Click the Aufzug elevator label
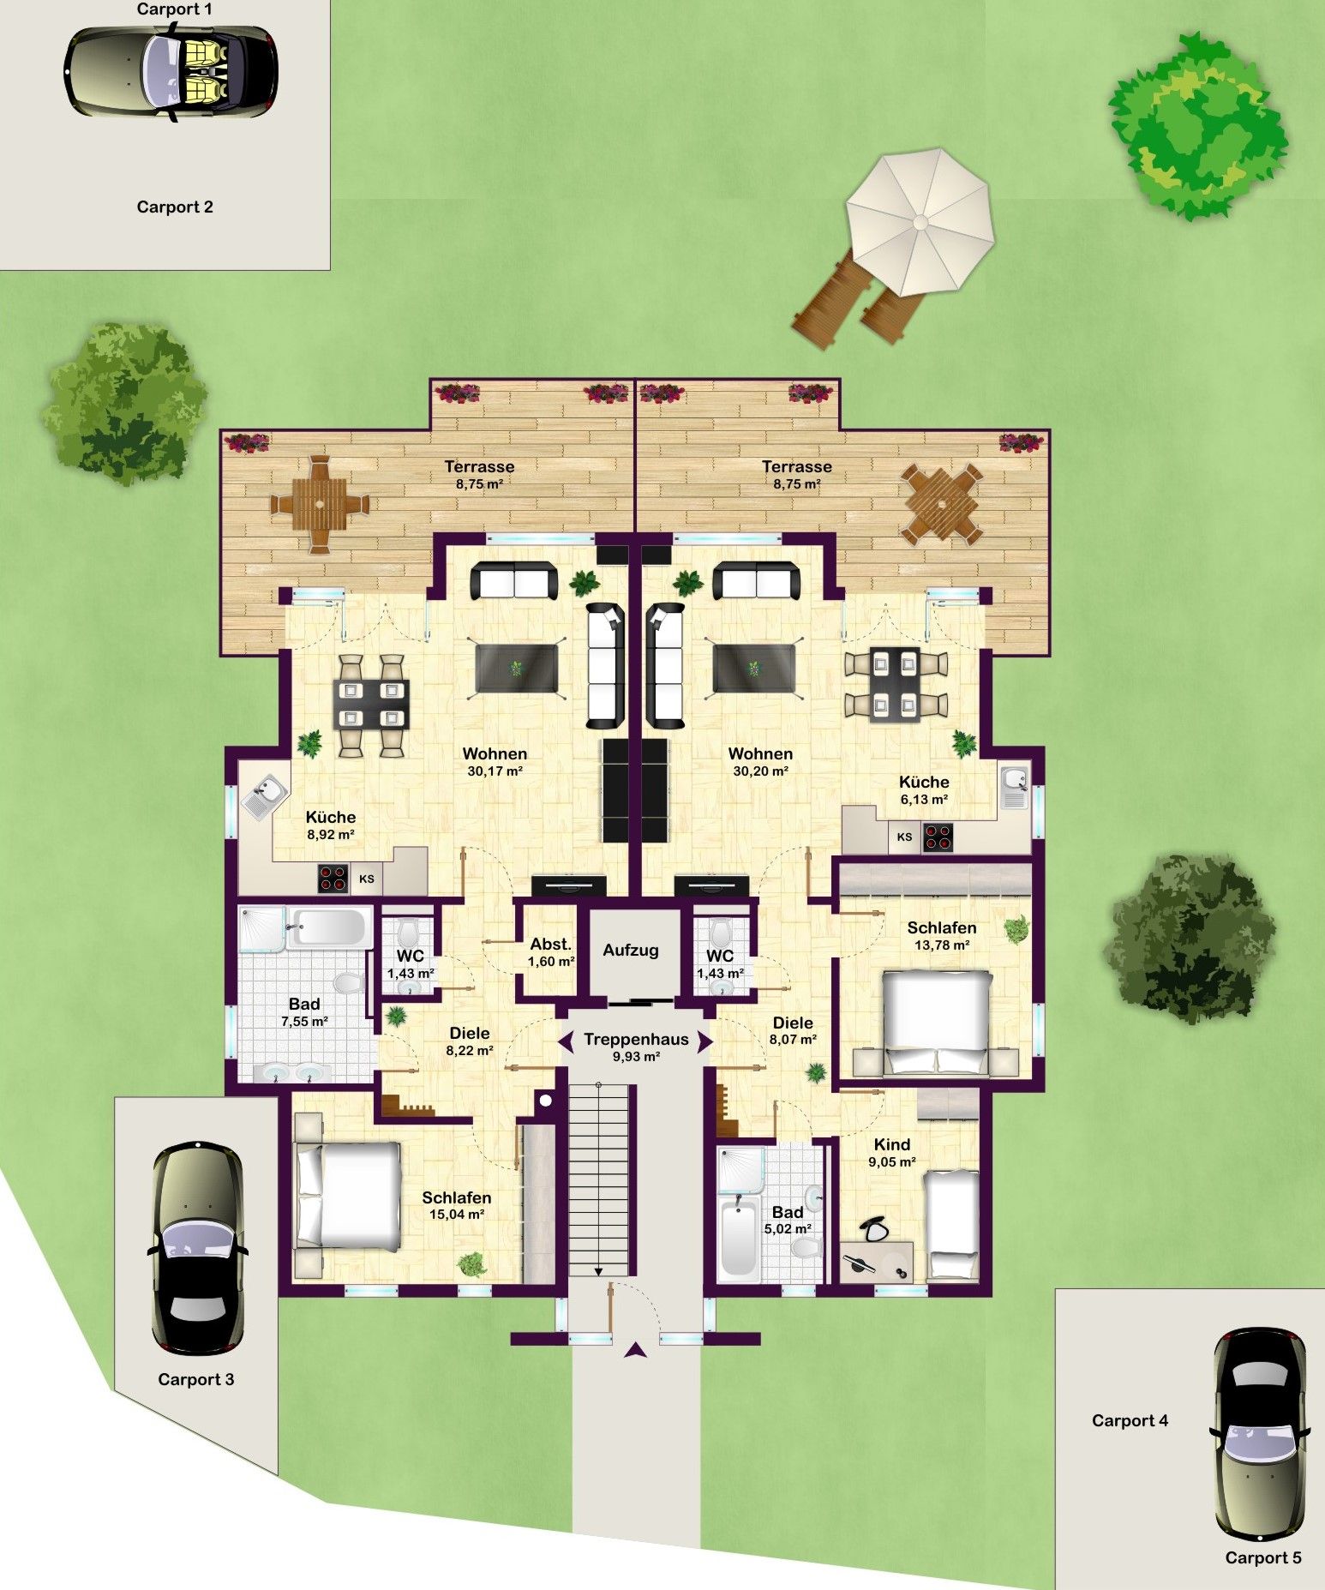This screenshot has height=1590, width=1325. (x=630, y=950)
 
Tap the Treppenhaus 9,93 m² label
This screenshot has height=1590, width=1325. (x=636, y=1047)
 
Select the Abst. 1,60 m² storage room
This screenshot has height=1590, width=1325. (x=551, y=952)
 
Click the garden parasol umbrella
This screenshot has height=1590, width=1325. (x=920, y=222)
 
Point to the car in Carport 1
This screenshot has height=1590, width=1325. (x=171, y=71)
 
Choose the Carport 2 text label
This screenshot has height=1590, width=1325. (x=175, y=207)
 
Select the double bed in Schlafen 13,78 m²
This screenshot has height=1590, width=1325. (x=937, y=1022)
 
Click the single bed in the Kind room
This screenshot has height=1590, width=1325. (x=953, y=1225)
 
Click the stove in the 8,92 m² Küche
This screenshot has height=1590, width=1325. (x=333, y=879)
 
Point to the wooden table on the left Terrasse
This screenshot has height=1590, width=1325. (x=319, y=504)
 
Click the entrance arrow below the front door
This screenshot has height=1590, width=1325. (x=634, y=1350)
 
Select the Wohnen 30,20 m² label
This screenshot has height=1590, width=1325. (x=760, y=762)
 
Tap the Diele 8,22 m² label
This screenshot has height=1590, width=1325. (x=470, y=1041)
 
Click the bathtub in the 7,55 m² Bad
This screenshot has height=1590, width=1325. (x=328, y=927)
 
